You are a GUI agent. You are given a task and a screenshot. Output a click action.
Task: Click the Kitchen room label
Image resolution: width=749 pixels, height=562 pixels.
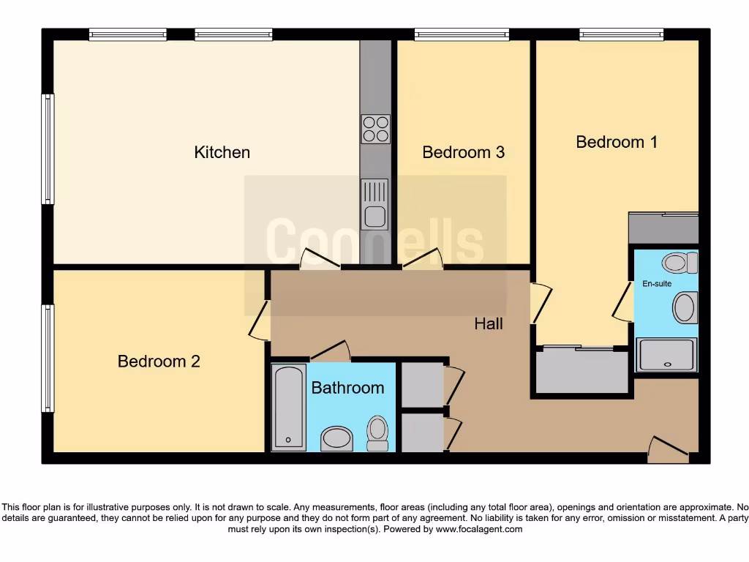point(222,152)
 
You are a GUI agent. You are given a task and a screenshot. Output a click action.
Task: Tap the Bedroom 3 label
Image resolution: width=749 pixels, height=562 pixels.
point(463,152)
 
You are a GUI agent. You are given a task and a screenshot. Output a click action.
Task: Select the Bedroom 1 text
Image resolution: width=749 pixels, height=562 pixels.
point(616,142)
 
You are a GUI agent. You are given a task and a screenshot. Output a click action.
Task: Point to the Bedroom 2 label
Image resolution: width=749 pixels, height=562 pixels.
point(159,361)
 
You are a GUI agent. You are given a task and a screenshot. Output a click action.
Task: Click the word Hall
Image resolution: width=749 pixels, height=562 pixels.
point(488,323)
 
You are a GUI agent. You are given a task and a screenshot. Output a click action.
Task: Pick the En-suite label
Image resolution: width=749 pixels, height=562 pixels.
point(657,283)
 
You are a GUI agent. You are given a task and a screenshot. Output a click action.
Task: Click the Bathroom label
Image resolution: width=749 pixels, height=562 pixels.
point(347,388)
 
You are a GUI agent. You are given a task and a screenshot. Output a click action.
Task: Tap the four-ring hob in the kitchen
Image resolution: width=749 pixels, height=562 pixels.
point(375,130)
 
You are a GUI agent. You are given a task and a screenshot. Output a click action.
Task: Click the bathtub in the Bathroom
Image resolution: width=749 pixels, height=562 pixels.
point(288,408)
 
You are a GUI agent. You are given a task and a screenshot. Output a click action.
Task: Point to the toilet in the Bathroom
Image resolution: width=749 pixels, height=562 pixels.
point(377,432)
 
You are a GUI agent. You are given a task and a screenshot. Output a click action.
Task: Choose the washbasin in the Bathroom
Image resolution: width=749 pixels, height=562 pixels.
point(336,438)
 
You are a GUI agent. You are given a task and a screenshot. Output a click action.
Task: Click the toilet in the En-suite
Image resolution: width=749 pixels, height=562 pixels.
point(682,263)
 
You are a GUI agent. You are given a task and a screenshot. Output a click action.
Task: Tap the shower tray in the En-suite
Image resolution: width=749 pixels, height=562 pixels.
point(666,355)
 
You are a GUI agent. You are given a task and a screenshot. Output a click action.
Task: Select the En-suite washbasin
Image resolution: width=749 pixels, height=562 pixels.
point(685,307)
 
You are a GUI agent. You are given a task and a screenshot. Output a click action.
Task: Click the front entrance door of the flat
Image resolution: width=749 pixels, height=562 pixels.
point(669,450)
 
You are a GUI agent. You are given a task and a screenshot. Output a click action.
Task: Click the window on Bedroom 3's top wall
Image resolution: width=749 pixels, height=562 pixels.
point(462,34)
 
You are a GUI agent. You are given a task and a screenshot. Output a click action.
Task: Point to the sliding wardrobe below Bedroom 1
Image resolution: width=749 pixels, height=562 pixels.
point(582,371)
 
